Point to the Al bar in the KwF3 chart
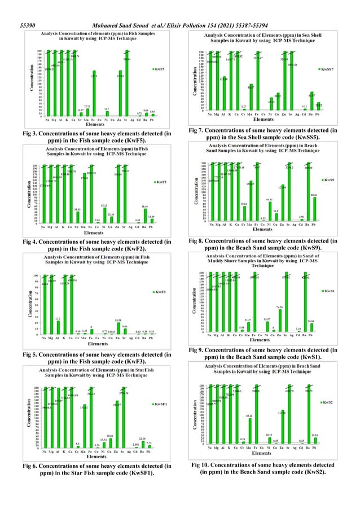click(x=59, y=327)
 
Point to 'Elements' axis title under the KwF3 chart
click(x=98, y=343)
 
